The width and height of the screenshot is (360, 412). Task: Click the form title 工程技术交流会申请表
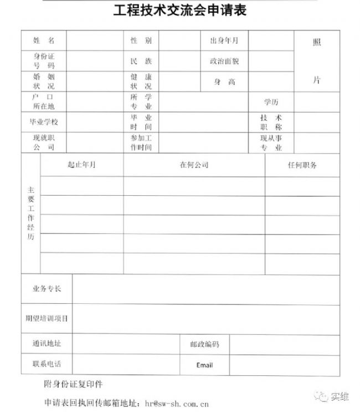click(x=180, y=11)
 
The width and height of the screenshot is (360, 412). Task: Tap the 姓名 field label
click(x=44, y=41)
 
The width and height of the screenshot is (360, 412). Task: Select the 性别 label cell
click(x=141, y=41)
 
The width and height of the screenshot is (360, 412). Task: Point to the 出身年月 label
click(x=224, y=41)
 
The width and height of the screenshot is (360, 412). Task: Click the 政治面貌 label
click(x=224, y=61)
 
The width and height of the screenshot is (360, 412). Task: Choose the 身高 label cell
click(x=224, y=82)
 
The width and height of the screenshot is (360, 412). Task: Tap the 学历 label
click(x=271, y=102)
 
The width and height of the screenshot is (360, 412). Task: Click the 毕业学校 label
click(x=44, y=122)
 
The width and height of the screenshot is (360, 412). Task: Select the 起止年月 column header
click(x=81, y=165)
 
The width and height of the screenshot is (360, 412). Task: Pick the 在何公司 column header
click(x=194, y=165)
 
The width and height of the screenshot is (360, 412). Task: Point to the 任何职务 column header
click(x=302, y=165)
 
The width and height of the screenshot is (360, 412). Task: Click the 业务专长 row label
click(x=47, y=289)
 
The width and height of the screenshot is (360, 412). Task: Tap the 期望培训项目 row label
click(x=47, y=318)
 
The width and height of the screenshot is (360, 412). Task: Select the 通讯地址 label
click(x=47, y=344)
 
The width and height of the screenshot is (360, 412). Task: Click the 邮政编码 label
click(x=204, y=344)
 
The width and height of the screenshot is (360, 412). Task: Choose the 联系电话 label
click(x=47, y=364)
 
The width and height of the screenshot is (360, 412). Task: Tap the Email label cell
click(x=204, y=365)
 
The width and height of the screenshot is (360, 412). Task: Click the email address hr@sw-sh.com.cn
click(x=176, y=403)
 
